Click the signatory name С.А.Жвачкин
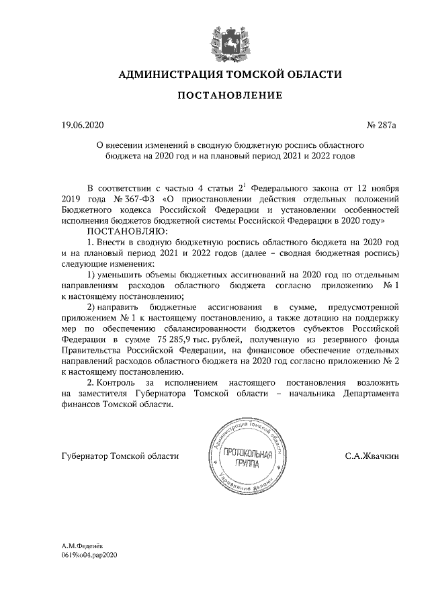372,456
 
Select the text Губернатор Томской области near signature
120,456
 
